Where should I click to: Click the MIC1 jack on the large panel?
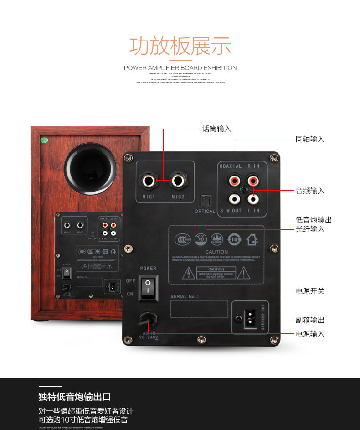coord(149,181)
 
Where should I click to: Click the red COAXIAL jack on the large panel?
coord(234,181)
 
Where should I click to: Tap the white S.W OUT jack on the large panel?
coord(234,199)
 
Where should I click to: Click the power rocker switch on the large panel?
coord(148,288)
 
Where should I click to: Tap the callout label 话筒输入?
coord(217,129)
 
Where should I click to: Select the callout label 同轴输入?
coord(310,139)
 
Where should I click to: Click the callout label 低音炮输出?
coord(314,220)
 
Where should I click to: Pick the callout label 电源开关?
coord(310,290)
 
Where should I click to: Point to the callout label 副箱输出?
coord(310,320)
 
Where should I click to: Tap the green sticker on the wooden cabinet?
coord(44,140)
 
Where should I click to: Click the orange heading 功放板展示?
coord(180,46)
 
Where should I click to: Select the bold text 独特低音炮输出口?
coord(75,397)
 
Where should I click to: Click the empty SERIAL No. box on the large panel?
coord(199,309)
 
